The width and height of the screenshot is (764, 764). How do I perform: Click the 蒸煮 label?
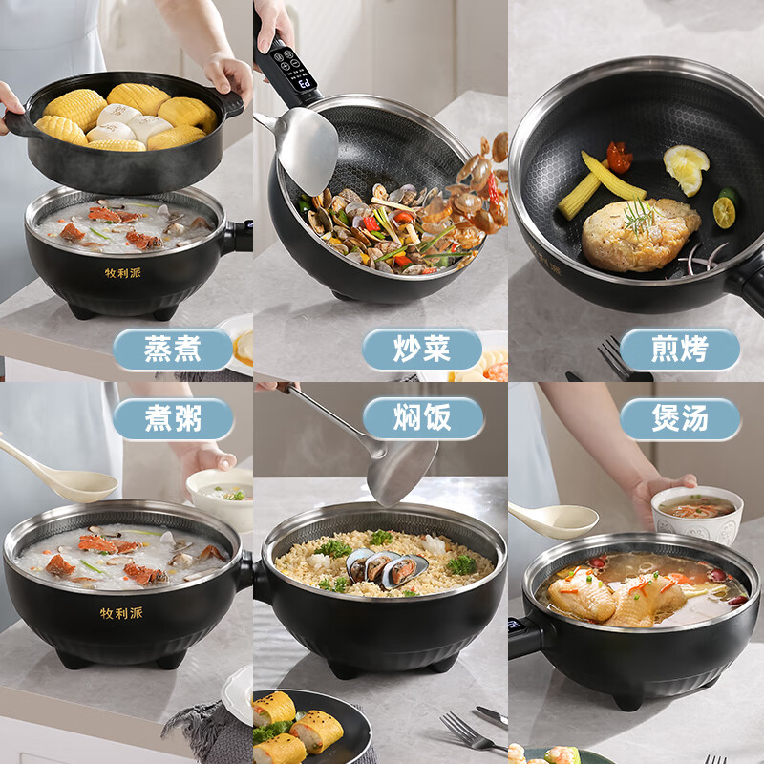tap(173, 350)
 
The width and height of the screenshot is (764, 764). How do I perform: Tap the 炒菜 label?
tap(422, 350)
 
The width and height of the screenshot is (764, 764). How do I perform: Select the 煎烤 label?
tap(680, 350)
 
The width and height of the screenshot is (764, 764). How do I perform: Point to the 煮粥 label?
tap(173, 419)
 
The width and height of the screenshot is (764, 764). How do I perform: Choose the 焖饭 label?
tap(422, 419)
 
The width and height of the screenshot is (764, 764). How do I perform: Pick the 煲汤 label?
tap(680, 419)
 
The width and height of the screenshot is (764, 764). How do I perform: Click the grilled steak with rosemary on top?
tap(638, 235)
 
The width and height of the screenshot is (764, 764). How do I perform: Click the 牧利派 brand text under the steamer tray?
tap(123, 272)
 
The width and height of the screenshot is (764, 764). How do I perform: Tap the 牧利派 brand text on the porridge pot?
tap(121, 612)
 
